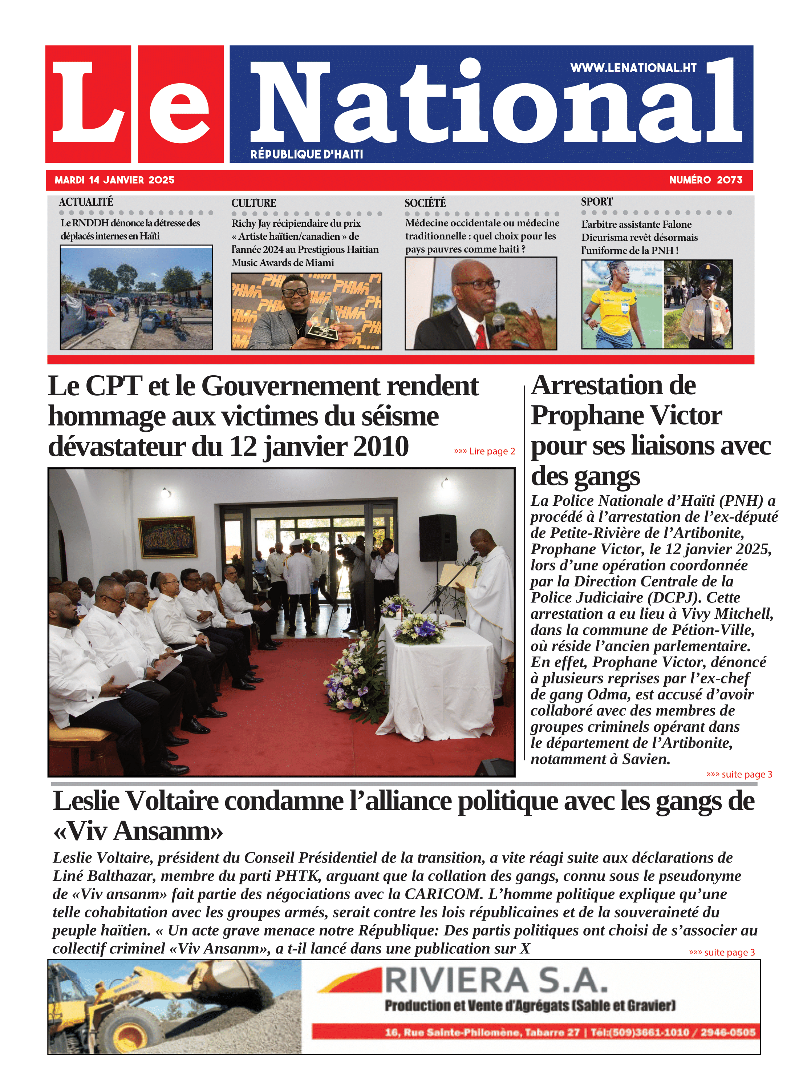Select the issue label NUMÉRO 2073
pos(705,180)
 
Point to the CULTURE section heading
pos(254,203)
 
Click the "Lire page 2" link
pos(484,451)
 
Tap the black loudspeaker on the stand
pos(437,537)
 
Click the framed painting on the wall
pos(167,537)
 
